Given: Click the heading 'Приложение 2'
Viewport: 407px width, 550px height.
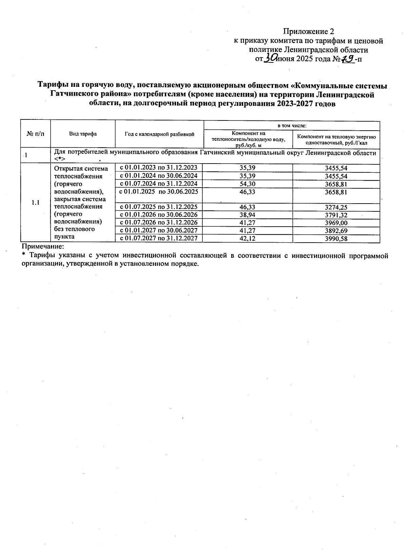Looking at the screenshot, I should [309, 32].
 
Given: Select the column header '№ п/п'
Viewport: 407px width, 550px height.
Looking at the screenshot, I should [35, 134].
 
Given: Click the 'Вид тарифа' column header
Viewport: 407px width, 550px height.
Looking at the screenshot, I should [83, 134].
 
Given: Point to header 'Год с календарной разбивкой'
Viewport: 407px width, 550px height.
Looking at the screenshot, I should [159, 134].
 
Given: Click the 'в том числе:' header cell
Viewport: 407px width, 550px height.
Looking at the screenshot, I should [292, 126].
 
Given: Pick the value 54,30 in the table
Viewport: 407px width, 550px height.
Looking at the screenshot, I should [248, 184].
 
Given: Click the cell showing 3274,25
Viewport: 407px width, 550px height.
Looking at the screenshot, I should [336, 207].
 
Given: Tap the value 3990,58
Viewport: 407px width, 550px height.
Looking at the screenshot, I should [336, 239].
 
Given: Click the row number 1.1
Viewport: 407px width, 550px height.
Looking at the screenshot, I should [36, 203].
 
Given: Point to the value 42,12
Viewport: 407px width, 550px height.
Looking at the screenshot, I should [248, 239].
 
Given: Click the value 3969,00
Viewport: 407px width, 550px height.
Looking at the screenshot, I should [336, 223].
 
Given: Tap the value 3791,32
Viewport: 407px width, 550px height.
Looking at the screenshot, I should [336, 215].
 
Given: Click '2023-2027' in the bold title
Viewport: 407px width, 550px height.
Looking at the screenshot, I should [294, 104].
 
